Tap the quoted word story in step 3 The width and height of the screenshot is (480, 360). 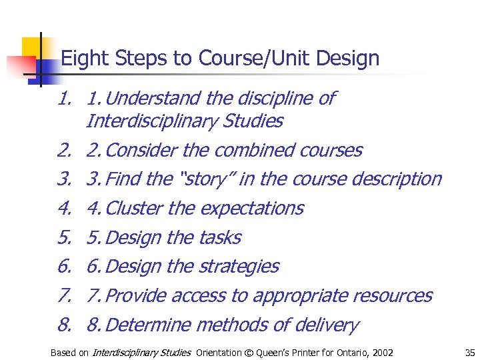203,179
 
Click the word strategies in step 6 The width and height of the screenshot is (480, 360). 239,267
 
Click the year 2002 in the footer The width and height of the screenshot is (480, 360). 382,353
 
